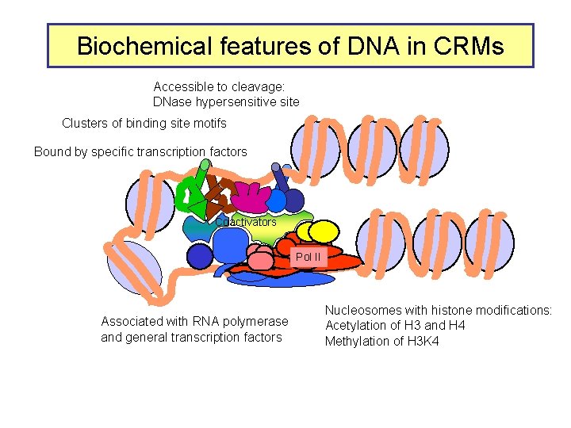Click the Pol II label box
pyautogui.click(x=308, y=257)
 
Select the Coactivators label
pyautogui.click(x=247, y=223)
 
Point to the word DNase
pyautogui.click(x=174, y=101)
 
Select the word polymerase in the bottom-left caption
pyautogui.click(x=254, y=321)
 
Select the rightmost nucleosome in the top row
pyautogui.click(x=424, y=149)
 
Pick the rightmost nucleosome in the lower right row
pyautogui.click(x=489, y=243)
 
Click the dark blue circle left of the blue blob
pyautogui.click(x=200, y=255)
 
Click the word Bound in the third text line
pyautogui.click(x=52, y=151)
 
